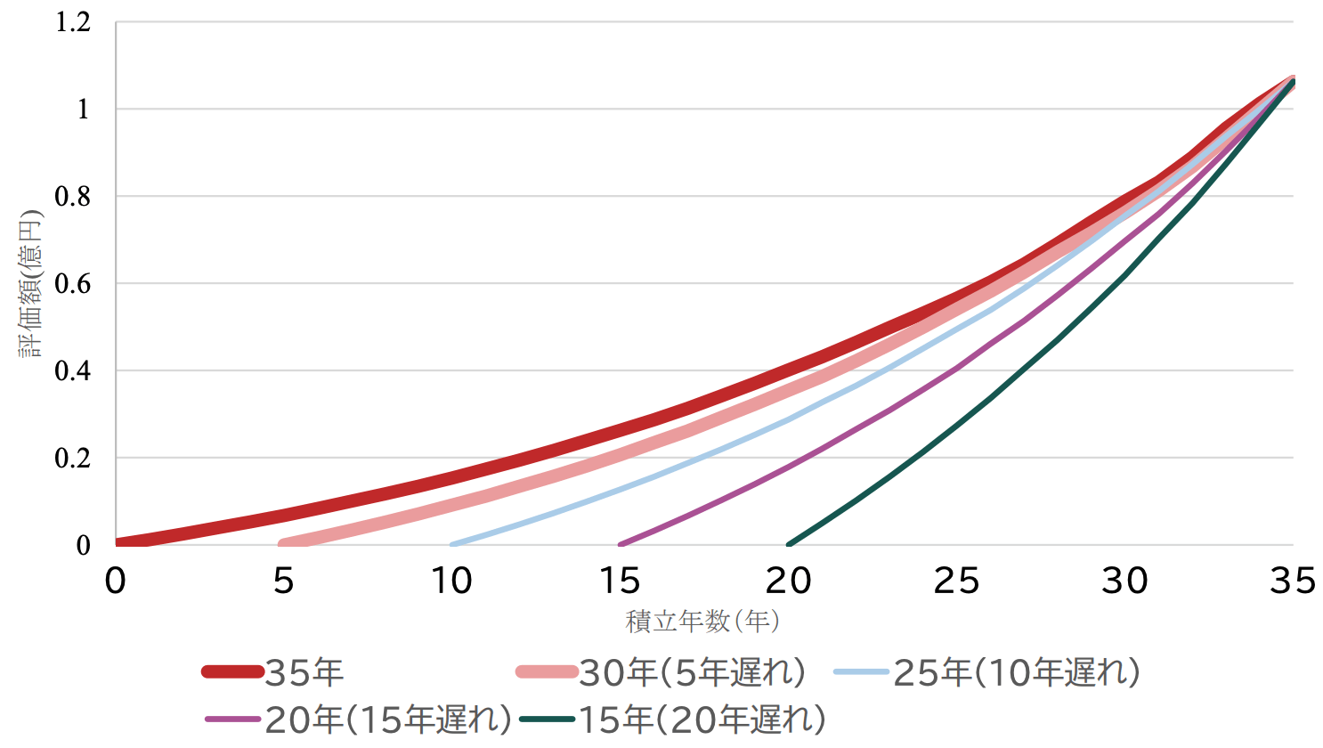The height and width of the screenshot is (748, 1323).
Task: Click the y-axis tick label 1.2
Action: tap(73, 22)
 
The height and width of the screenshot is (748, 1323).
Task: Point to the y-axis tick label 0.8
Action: tap(73, 197)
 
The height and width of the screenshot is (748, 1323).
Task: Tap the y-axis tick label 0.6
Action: tap(73, 284)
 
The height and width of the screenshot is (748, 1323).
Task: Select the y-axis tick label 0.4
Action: tap(73, 371)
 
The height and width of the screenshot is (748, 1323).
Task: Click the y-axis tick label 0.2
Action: tap(73, 459)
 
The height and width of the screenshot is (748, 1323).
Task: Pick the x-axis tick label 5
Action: tap(283, 581)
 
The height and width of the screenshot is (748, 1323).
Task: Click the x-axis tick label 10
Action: tap(451, 581)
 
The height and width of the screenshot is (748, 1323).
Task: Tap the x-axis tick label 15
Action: tap(620, 581)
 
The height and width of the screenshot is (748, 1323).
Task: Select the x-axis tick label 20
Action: tap(788, 581)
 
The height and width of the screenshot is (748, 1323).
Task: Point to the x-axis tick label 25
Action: tap(956, 581)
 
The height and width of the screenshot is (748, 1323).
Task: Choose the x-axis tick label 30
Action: tap(1124, 581)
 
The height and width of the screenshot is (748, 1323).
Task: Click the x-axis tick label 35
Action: tap(1293, 581)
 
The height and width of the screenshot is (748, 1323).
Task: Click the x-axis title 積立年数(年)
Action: tap(703, 621)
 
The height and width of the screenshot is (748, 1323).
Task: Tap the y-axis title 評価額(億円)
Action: tap(31, 283)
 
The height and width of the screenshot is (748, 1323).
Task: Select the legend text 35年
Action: tap(304, 673)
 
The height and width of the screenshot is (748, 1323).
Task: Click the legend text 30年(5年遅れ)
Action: tap(693, 673)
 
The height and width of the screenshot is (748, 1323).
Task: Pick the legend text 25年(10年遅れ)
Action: tap(1017, 673)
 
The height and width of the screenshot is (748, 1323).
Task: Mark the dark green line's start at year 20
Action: tap(789, 544)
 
